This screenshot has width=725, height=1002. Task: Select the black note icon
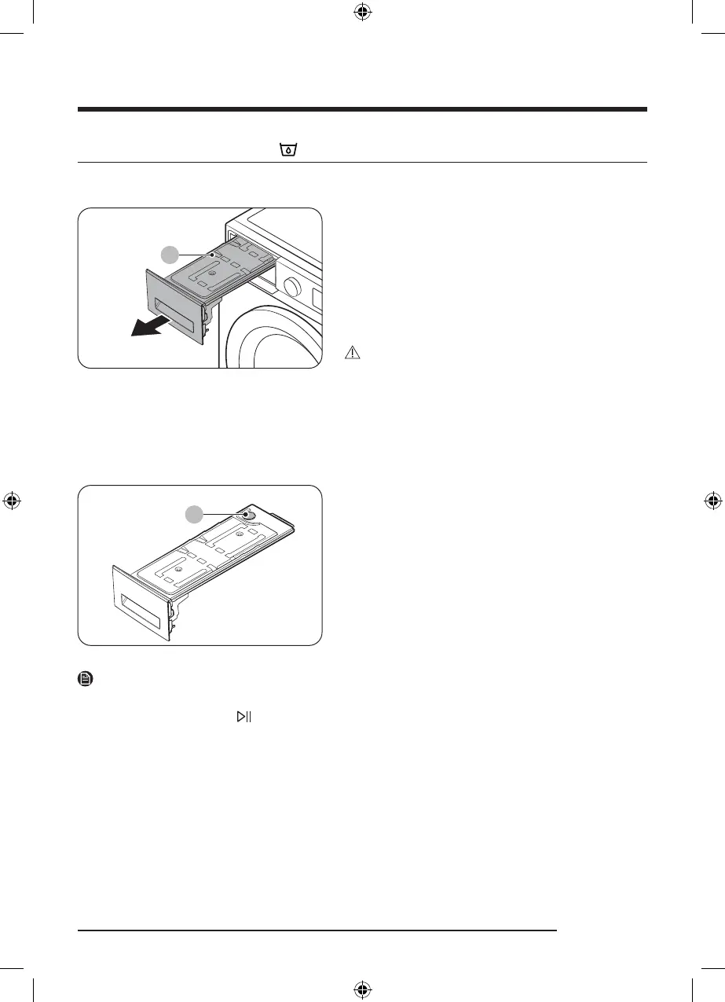(86, 678)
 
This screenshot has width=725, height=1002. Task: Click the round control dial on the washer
(292, 288)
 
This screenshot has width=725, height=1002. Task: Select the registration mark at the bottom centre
(362, 990)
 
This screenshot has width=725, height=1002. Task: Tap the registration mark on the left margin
(11, 501)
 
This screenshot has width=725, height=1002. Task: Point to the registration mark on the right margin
(713, 501)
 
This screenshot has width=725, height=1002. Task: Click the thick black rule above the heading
(362, 109)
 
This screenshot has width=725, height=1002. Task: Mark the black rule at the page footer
(317, 931)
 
